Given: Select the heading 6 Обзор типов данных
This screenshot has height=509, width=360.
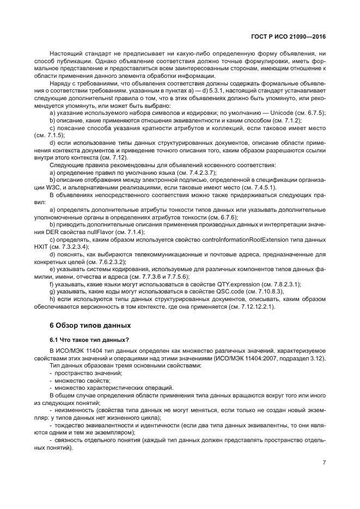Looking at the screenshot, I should [90, 326].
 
